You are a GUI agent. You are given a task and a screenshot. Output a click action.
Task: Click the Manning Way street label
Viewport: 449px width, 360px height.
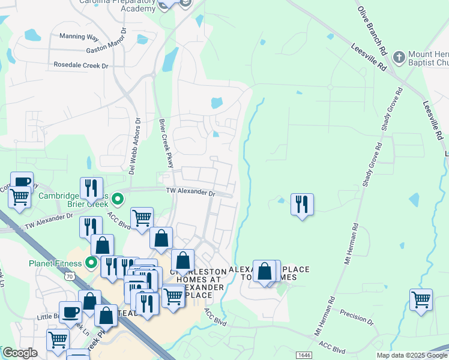tap(79, 37)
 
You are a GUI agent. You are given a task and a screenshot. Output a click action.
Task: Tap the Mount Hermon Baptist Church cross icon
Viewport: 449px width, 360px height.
tap(399, 57)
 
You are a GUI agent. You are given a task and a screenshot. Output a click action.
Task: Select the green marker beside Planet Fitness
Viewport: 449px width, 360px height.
tap(91, 263)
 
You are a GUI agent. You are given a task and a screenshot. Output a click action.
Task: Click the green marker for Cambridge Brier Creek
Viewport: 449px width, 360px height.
tap(118, 197)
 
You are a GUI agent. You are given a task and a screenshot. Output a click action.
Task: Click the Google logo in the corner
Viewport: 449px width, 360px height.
tap(20, 353)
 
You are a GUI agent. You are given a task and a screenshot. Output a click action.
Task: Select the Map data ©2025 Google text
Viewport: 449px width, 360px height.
tap(412, 356)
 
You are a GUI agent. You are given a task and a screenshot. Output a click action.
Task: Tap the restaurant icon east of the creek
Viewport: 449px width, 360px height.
tap(302, 205)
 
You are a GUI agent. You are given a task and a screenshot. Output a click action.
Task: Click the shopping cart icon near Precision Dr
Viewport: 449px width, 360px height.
tap(421, 299)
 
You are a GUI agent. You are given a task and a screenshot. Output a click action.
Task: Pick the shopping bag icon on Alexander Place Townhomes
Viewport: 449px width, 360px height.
tap(265, 271)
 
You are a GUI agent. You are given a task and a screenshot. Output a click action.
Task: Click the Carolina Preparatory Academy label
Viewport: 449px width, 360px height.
tap(118, 4)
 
